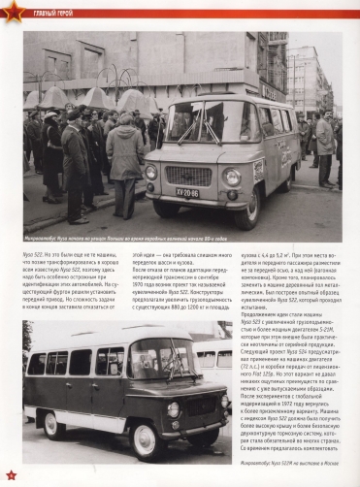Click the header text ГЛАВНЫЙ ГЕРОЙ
pos(44,13)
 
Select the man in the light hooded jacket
pos(124,155)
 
